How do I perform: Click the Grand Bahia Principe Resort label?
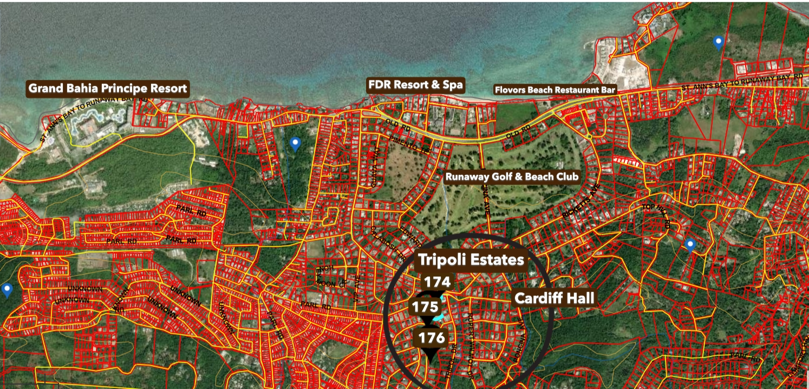pyautogui.click(x=108, y=88)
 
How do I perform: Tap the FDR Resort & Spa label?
pyautogui.click(x=416, y=85)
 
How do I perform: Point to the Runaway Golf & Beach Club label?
pyautogui.click(x=511, y=177)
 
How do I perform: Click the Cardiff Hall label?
pyautogui.click(x=554, y=298)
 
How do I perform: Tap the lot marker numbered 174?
pyautogui.click(x=437, y=282)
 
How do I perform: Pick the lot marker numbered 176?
pyautogui.click(x=432, y=339)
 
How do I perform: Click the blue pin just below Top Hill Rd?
pyautogui.click(x=689, y=245)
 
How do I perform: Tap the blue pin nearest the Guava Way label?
pyautogui.click(x=295, y=144)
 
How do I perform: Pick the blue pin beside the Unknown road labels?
pyautogui.click(x=6, y=290)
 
